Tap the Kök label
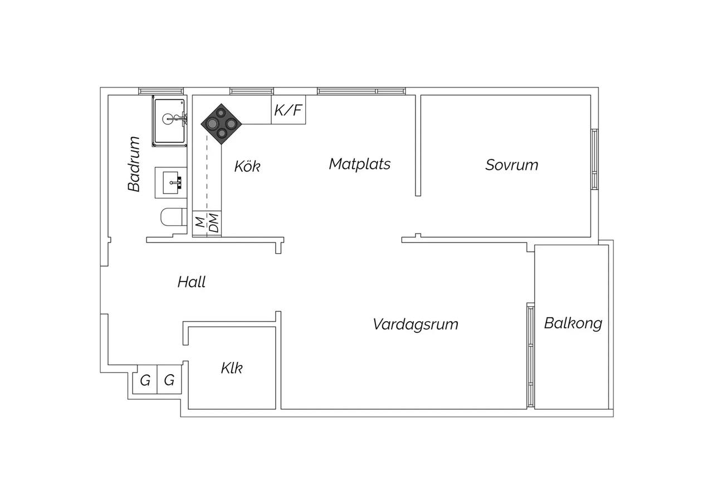click(247, 166)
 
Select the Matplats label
click(360, 164)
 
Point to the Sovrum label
click(511, 165)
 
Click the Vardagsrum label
click(416, 324)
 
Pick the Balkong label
click(573, 323)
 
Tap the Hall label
click(191, 282)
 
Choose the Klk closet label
click(232, 369)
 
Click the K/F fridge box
click(289, 110)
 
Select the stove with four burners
click(222, 124)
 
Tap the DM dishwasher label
click(214, 222)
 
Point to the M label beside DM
click(199, 222)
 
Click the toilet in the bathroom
click(173, 217)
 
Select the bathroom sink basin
click(171, 182)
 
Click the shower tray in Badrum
click(169, 121)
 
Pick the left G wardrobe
click(145, 380)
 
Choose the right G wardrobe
click(169, 380)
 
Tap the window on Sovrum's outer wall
click(594, 159)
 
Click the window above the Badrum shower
click(161, 91)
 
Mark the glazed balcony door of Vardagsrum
click(530, 355)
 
